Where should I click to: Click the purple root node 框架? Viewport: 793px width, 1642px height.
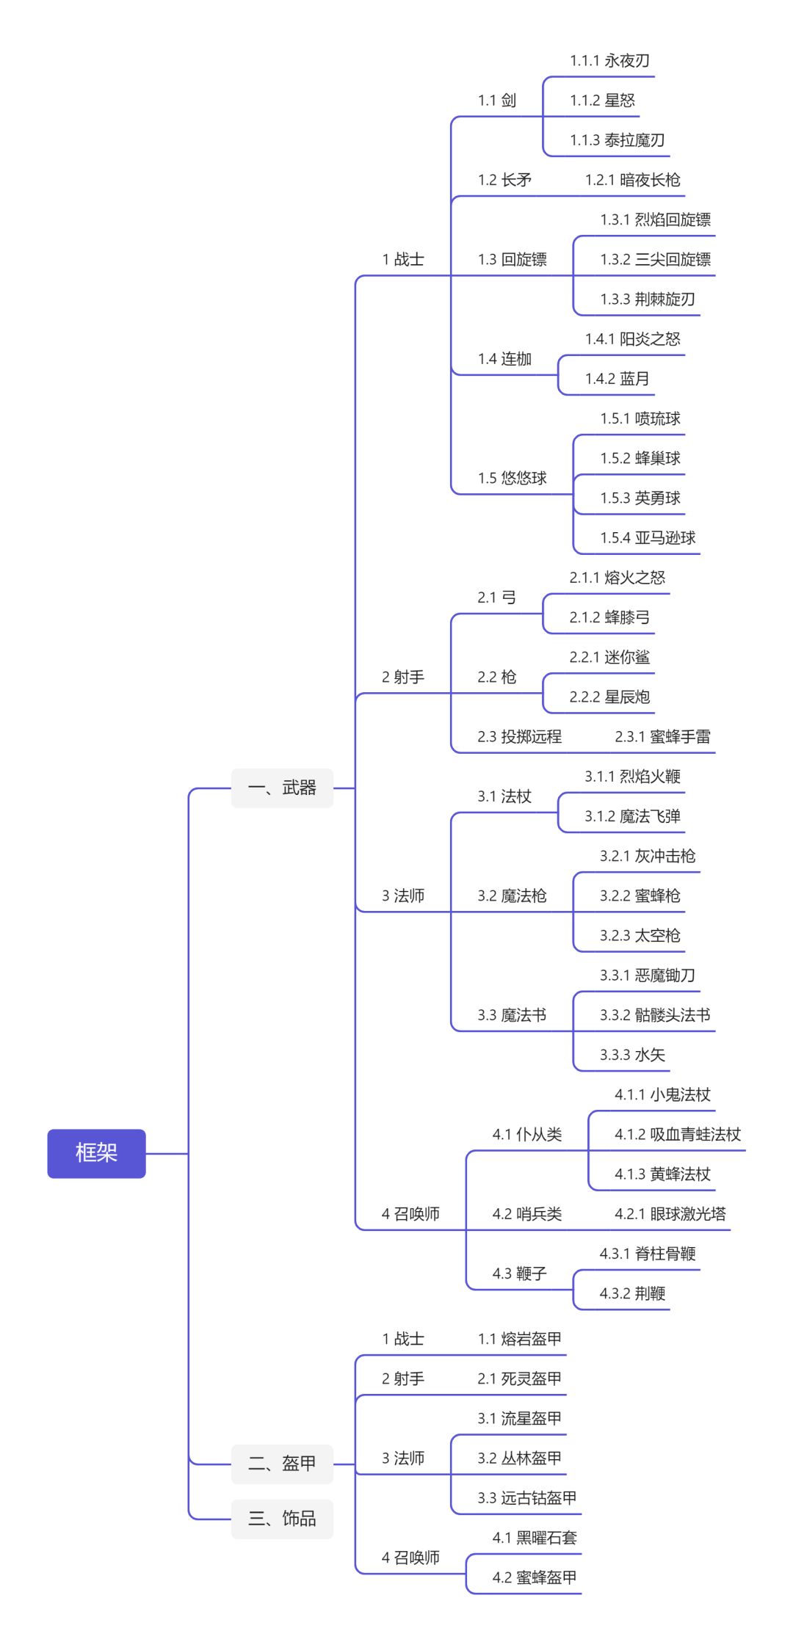tap(96, 1152)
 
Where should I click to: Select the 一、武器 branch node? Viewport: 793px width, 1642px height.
tap(282, 788)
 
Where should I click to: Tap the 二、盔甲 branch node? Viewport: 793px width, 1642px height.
tap(282, 1463)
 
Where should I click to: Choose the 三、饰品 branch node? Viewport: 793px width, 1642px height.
tap(282, 1518)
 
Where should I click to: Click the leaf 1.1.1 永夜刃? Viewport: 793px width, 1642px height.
tap(609, 61)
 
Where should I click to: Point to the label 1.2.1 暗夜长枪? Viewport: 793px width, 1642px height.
tap(632, 180)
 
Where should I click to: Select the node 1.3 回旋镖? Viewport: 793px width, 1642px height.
tap(512, 260)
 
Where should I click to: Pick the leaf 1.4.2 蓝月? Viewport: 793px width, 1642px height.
tap(617, 379)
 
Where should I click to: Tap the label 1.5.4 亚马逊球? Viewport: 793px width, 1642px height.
tap(648, 538)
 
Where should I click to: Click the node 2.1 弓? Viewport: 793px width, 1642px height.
tap(496, 597)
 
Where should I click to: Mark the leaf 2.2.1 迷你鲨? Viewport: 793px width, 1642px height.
tap(609, 658)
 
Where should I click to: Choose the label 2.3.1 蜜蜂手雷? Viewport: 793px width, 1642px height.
tap(662, 737)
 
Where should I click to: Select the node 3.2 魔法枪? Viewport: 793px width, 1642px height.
tap(512, 896)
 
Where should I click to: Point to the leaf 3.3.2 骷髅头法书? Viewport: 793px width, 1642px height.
tap(655, 1015)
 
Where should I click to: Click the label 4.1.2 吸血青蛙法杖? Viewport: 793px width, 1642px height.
tap(677, 1135)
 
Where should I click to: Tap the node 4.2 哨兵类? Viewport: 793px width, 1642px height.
tap(526, 1214)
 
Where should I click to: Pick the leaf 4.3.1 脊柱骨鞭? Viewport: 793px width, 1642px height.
tap(647, 1254)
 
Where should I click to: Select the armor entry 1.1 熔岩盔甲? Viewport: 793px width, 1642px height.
tap(519, 1339)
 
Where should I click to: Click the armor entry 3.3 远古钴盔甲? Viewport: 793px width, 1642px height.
tap(526, 1498)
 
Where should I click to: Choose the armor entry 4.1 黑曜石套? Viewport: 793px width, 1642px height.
tap(534, 1538)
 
